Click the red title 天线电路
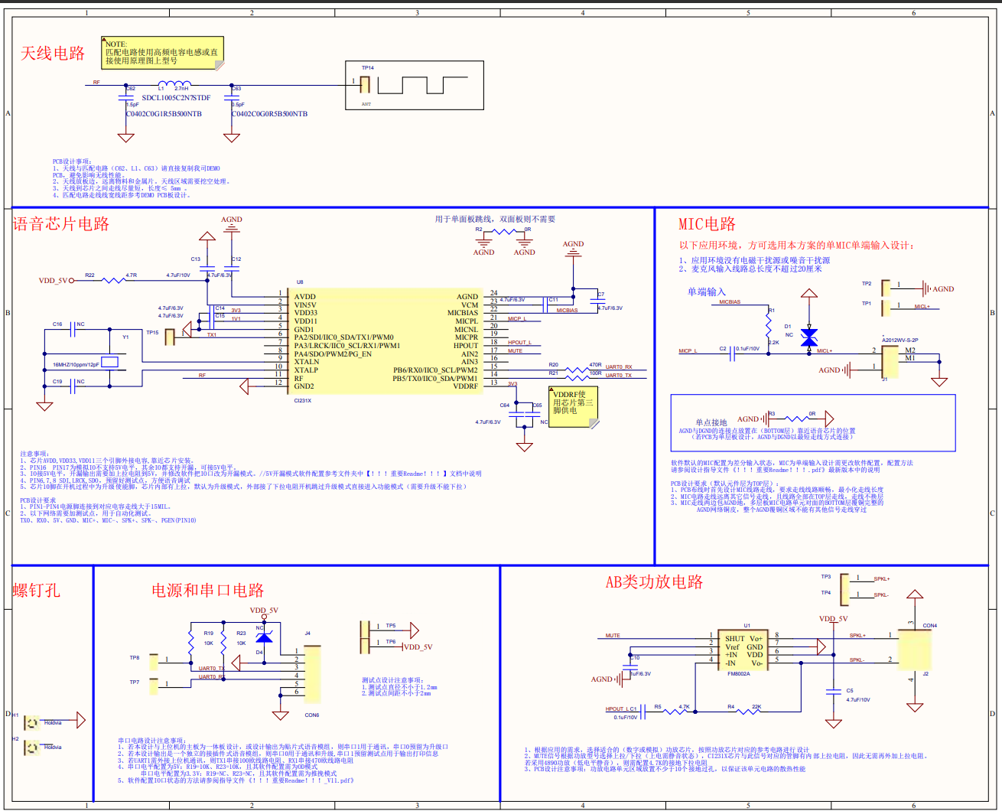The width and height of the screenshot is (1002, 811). [x=53, y=54]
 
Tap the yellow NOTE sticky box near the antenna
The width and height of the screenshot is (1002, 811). [x=162, y=53]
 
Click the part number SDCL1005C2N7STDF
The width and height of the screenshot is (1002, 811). [x=176, y=98]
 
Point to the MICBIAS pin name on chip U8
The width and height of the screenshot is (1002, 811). [x=462, y=313]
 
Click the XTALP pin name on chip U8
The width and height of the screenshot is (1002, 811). [x=306, y=370]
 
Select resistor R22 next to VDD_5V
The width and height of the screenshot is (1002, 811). [x=112, y=281]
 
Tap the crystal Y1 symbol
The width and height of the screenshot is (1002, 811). [x=110, y=362]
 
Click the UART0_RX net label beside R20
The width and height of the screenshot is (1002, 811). [x=619, y=367]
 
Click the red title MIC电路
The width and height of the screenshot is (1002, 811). [x=707, y=224]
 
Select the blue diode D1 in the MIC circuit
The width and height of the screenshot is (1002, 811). [x=808, y=337]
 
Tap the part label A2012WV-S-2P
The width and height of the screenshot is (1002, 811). [x=900, y=340]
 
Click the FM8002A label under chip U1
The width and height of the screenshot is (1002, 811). [x=738, y=674]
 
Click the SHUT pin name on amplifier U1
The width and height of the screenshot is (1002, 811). [x=734, y=638]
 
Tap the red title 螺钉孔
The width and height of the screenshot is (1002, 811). [x=36, y=590]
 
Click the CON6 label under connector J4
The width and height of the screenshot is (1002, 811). [x=312, y=715]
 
